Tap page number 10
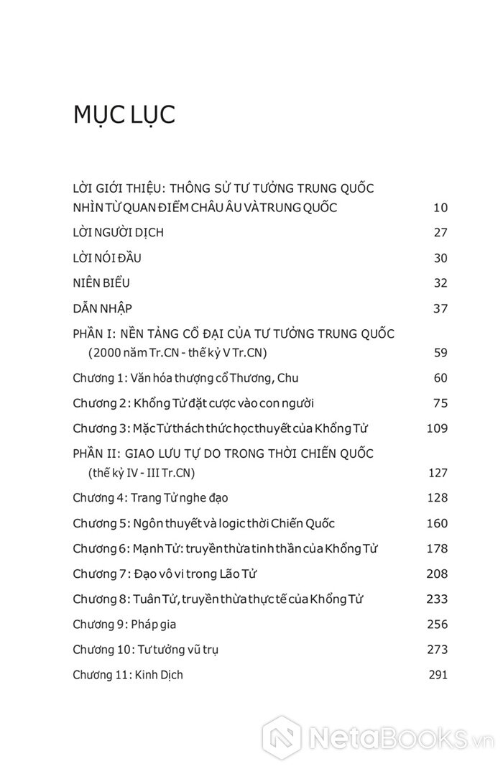440,208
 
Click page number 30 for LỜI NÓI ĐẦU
440,258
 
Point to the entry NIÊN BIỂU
101,283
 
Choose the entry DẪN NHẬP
103,308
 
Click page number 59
440,352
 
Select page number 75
440,402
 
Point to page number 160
437,523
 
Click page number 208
437,574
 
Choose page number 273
437,650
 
